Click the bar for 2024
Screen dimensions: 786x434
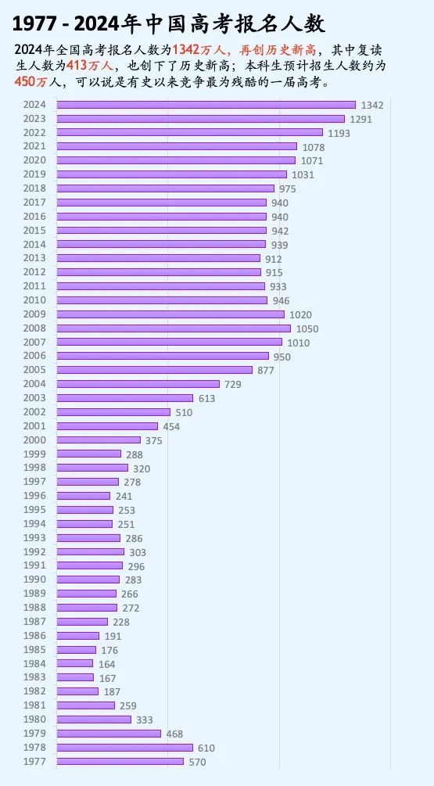click(206, 105)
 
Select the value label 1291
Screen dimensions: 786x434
click(360, 120)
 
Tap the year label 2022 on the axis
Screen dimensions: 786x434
click(34, 132)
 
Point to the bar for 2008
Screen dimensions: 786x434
click(173, 328)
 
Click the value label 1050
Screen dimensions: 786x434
click(307, 329)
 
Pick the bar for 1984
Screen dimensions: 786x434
click(75, 663)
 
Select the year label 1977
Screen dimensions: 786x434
click(34, 761)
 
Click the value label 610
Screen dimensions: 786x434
click(206, 748)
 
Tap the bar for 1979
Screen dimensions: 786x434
click(109, 734)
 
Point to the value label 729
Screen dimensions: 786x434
click(233, 385)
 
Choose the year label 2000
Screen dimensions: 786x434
click(34, 440)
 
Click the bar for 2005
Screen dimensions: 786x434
click(154, 370)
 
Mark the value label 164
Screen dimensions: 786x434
click(106, 664)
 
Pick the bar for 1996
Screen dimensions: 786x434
click(84, 496)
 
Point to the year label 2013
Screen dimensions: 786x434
click(34, 258)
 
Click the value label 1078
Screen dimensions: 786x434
click(314, 147)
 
